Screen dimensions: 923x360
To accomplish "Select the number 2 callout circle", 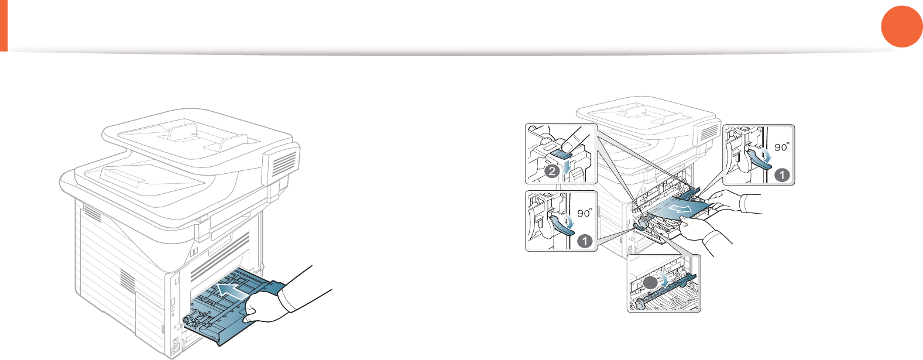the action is click(x=551, y=172).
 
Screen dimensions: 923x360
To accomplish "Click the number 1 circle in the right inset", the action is click(x=781, y=174).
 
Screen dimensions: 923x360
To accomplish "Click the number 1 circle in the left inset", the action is click(x=584, y=240).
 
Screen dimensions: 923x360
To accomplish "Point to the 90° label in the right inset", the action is click(x=782, y=148).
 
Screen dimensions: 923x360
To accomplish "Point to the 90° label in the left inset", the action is click(x=585, y=213).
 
